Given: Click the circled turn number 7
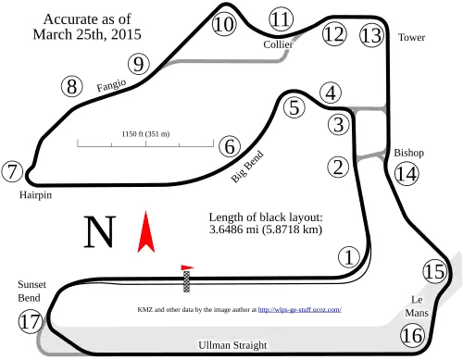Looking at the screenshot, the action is click(12, 171).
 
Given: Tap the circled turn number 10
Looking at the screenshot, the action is click(224, 24).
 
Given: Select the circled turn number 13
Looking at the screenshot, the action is click(371, 35).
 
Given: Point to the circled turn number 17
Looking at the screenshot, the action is click(31, 322).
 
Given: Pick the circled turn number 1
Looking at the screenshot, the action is click(349, 257).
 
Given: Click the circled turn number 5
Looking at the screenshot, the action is click(294, 107).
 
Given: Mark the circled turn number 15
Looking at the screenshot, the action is click(434, 272).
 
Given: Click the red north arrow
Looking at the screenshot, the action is click(146, 232).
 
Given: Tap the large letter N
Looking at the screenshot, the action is click(100, 232).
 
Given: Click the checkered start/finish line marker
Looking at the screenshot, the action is click(186, 281).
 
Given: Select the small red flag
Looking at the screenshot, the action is click(187, 267).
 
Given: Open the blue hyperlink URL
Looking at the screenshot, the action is click(300, 309).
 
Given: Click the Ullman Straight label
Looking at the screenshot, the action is click(232, 345).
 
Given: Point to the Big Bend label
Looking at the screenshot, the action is click(247, 167).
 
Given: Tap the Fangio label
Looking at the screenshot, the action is click(111, 85).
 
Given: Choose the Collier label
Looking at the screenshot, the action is click(278, 44).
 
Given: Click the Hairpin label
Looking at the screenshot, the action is click(35, 195).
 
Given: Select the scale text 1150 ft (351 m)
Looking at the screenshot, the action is click(145, 134).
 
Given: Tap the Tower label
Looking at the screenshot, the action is click(411, 37).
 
